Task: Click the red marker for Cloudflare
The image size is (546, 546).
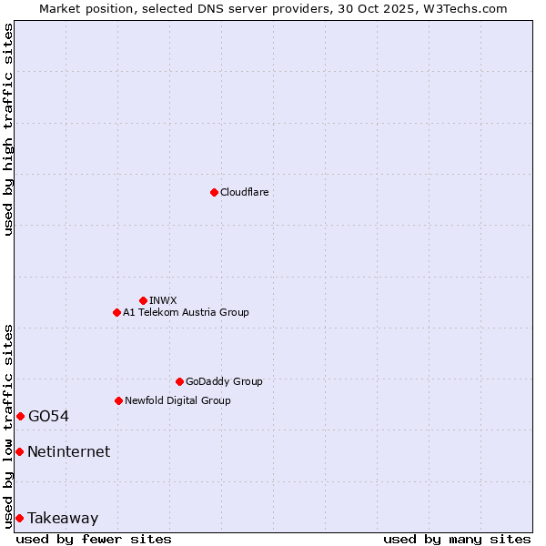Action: point(214,192)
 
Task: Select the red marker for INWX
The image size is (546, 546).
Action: point(143,300)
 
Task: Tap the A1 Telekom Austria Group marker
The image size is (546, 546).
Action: point(116,312)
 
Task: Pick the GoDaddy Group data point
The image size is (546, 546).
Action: point(179,381)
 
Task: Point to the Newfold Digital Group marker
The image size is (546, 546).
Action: point(118,400)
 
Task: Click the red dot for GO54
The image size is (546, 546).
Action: point(20,416)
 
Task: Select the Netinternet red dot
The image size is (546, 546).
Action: point(19,451)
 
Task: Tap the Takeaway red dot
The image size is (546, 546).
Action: point(19,518)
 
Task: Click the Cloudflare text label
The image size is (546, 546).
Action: point(244,192)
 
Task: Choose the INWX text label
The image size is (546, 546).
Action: point(163,300)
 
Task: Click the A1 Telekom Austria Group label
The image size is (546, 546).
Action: point(186,312)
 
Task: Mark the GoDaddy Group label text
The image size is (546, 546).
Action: point(224,381)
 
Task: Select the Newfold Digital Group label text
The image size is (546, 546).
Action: point(177,400)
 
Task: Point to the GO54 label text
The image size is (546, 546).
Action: point(48,416)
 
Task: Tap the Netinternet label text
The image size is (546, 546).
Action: point(68,451)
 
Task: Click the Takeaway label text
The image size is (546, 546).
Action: point(63,518)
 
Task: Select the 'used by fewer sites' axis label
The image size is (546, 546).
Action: point(94,539)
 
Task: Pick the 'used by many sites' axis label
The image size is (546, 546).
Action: point(457,539)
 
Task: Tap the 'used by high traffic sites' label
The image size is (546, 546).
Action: point(9,129)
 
